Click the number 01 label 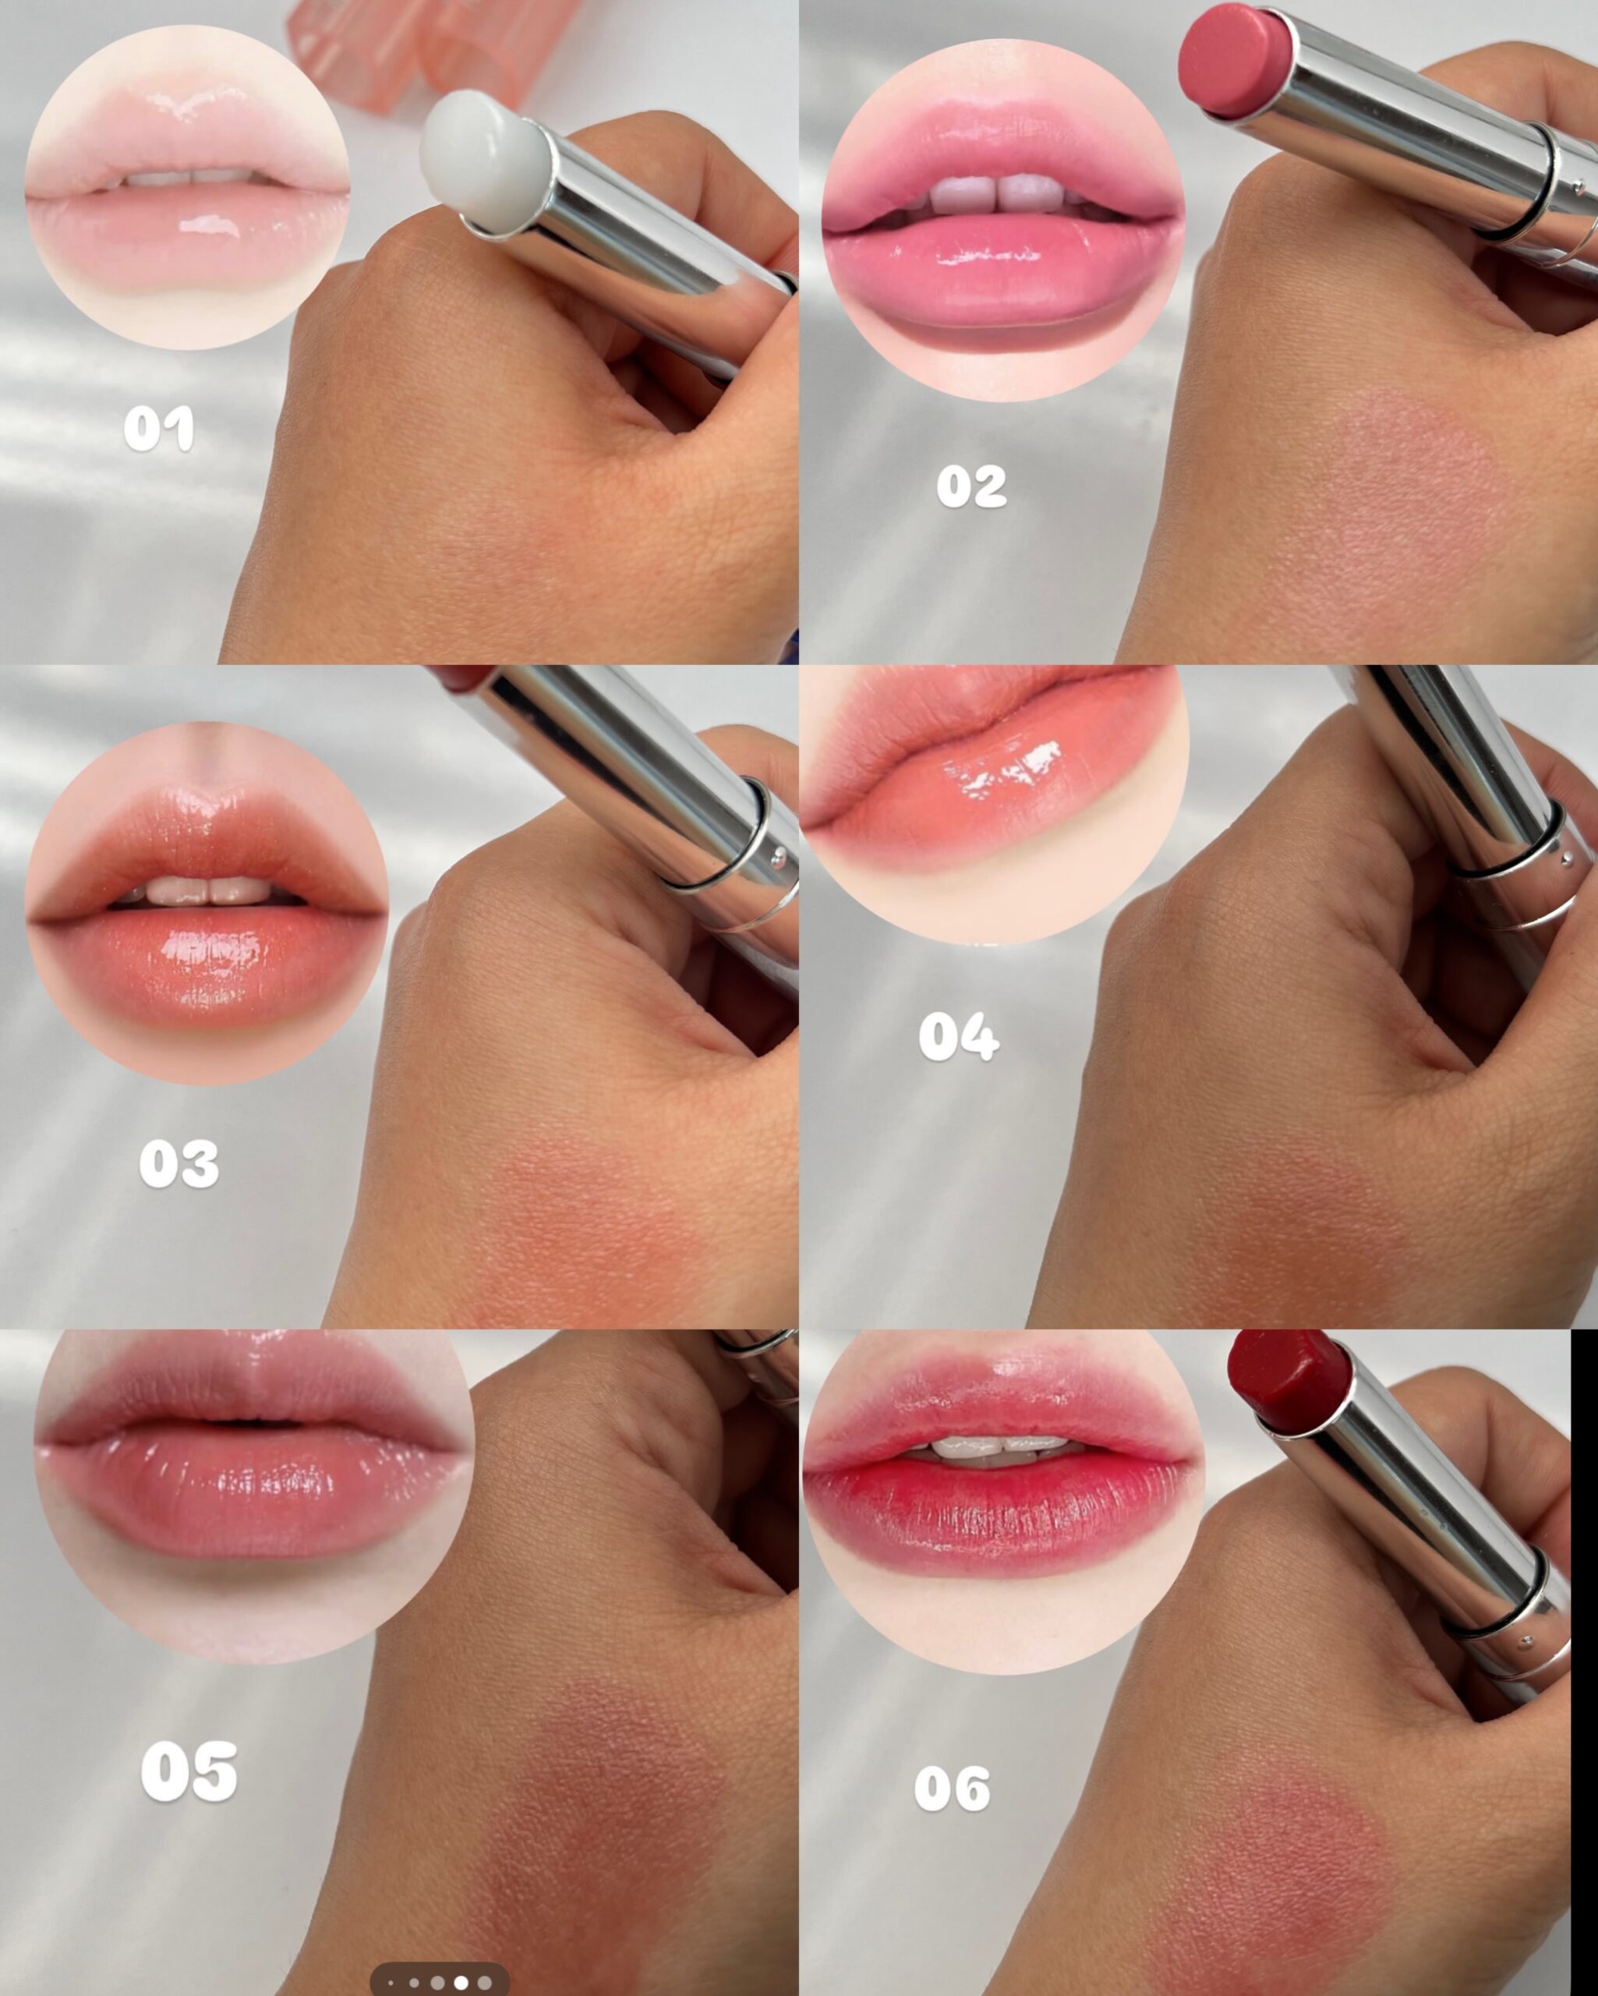point(158,428)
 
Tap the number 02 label point(971,486)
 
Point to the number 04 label point(958,1036)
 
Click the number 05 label point(189,1771)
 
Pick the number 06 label point(952,1789)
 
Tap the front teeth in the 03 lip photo point(207,890)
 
